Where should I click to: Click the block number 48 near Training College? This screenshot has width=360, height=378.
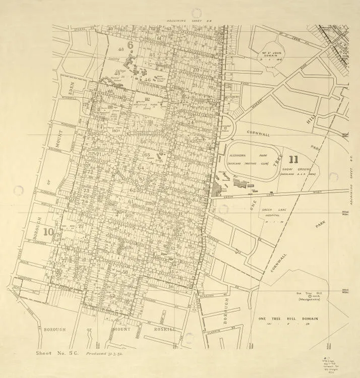point(121,49)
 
